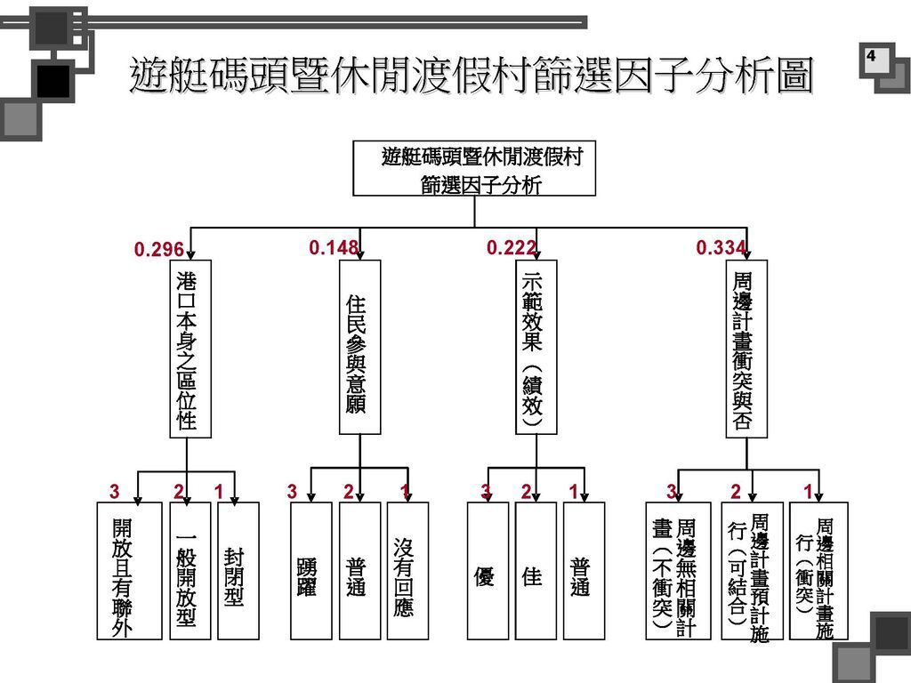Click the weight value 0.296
click(158, 249)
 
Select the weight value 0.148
click(334, 248)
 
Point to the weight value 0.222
click(512, 248)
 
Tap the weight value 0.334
click(721, 248)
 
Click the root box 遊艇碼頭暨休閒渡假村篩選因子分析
click(474, 168)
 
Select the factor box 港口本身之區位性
click(190, 349)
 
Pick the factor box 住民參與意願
click(359, 347)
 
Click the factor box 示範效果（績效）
click(536, 347)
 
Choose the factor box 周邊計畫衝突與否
click(746, 349)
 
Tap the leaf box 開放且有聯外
click(129, 571)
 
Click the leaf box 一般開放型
click(190, 571)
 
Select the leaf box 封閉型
click(238, 571)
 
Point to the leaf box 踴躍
click(310, 571)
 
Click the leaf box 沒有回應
click(407, 571)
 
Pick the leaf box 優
click(488, 571)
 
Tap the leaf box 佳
click(536, 571)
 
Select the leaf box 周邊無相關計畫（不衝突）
click(678, 571)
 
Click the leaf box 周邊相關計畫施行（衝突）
click(818, 571)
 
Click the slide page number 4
click(870, 56)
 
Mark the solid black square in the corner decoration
click(53, 81)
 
